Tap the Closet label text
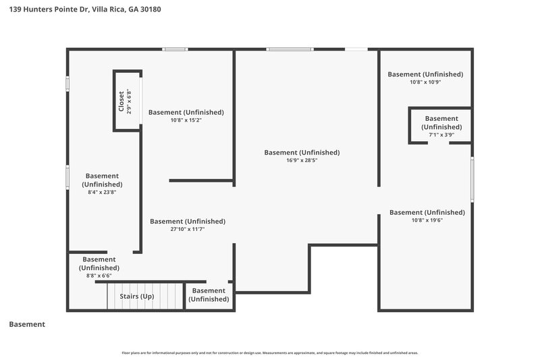122,101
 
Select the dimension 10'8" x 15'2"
185,120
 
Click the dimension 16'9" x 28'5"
301,161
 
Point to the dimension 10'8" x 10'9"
425,82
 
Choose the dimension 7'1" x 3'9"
441,134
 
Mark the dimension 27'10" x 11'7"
187,230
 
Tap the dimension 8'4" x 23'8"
102,192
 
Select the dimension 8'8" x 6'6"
99,276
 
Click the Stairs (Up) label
137,297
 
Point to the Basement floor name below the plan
27,324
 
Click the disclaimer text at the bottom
270,353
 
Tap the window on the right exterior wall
472,178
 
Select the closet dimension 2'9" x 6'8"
129,101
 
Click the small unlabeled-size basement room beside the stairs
209,295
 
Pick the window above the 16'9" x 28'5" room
289,49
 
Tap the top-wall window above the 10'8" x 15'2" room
175,49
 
